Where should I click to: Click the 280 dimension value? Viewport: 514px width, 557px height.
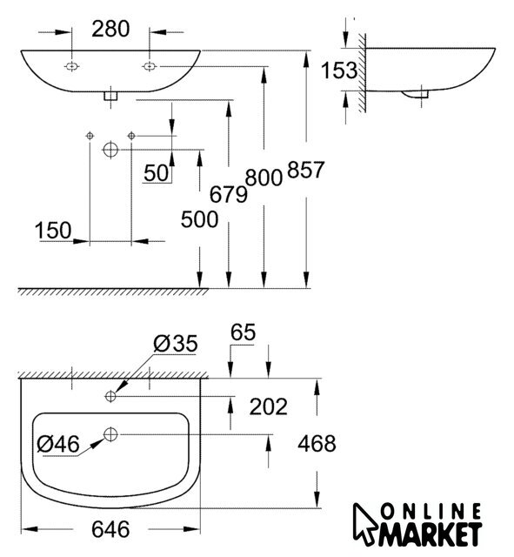click(x=110, y=29)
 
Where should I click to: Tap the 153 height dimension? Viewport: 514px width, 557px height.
click(x=339, y=70)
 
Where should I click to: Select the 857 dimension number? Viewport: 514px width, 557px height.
click(x=305, y=169)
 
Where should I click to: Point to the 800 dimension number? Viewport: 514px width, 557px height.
click(x=264, y=178)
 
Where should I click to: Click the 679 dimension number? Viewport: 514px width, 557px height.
click(x=228, y=194)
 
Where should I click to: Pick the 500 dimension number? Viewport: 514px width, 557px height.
click(x=199, y=219)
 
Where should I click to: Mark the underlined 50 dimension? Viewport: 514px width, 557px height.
click(x=157, y=173)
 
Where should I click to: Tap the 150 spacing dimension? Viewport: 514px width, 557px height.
click(x=53, y=230)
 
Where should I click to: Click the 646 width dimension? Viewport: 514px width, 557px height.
click(x=110, y=529)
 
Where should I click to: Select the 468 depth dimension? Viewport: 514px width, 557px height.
click(x=317, y=444)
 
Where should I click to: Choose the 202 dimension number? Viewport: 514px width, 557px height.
click(x=269, y=406)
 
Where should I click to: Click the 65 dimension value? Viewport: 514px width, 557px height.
click(x=244, y=332)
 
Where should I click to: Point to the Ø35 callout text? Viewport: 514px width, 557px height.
click(x=176, y=344)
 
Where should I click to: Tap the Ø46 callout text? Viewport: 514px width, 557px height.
click(x=58, y=444)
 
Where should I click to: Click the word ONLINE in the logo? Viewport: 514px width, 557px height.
click(x=431, y=513)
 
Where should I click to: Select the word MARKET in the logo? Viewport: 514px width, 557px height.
click(x=430, y=534)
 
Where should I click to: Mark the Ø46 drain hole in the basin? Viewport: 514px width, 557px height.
click(x=110, y=434)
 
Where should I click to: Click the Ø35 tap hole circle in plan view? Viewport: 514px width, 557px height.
click(x=110, y=396)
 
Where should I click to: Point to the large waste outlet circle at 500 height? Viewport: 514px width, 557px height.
click(x=110, y=150)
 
